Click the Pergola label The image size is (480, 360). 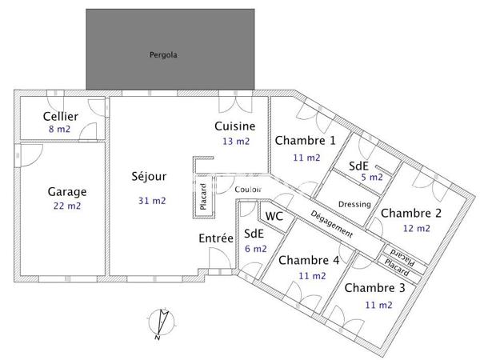point(162,55)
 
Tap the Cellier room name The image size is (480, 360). point(61,117)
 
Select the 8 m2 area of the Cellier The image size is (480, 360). point(61,129)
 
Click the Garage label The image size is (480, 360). point(67,192)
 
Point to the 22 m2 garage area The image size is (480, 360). point(67,206)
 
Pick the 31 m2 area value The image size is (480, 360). point(152,200)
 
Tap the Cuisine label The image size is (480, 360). point(235,126)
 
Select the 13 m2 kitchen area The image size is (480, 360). point(236,141)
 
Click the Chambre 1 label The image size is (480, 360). point(306,140)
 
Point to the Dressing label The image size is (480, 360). point(355,204)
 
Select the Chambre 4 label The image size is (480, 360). point(309,260)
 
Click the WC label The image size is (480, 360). point(274,216)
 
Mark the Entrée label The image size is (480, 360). point(216,238)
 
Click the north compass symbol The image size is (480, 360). point(162,323)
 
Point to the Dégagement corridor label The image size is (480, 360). point(331,222)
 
